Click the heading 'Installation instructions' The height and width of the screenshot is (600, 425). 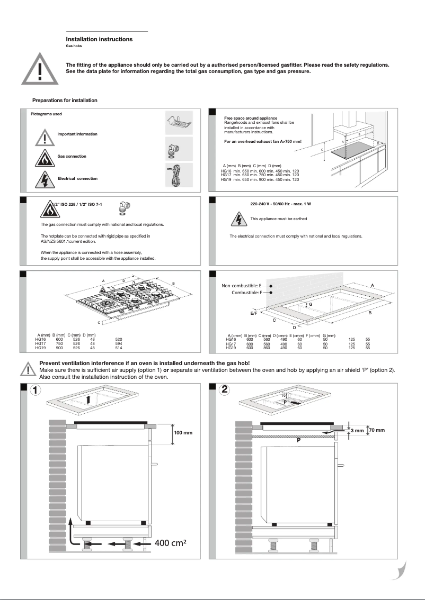99,39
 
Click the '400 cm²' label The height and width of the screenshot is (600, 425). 173,543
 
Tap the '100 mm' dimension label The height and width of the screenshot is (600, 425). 183,433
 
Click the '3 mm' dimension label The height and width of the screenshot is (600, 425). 358,431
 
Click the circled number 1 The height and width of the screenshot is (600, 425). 35,390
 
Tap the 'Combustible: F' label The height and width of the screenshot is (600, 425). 246,292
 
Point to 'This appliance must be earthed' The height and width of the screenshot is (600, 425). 278,219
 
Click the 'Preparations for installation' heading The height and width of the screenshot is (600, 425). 65,101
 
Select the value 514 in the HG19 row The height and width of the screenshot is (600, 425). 119,348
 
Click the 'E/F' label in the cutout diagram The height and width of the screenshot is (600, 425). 254,313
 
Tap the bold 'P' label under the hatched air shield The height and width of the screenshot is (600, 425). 298,440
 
